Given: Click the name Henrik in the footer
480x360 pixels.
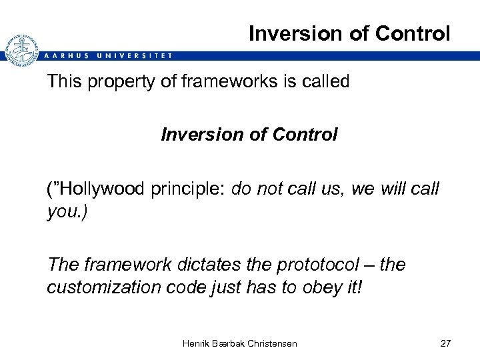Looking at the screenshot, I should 197,343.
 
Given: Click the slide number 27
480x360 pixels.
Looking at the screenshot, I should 445,343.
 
